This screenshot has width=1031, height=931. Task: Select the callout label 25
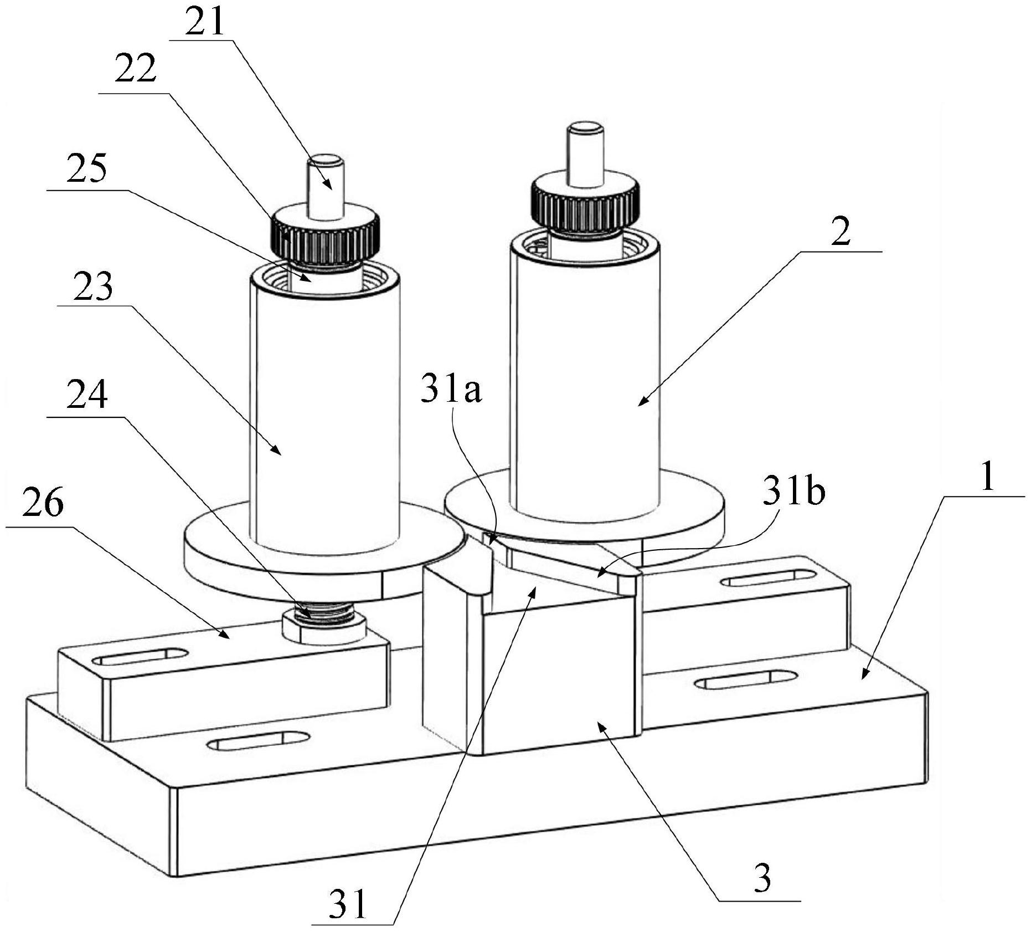pyautogui.click(x=87, y=168)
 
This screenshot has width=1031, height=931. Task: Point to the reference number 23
pyautogui.click(x=93, y=285)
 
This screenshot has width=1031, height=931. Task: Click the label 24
pyautogui.click(x=87, y=396)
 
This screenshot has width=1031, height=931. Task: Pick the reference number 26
pyautogui.click(x=43, y=503)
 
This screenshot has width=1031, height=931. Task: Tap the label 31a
pyautogui.click(x=451, y=391)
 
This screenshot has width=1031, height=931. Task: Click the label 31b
pyautogui.click(x=794, y=492)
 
